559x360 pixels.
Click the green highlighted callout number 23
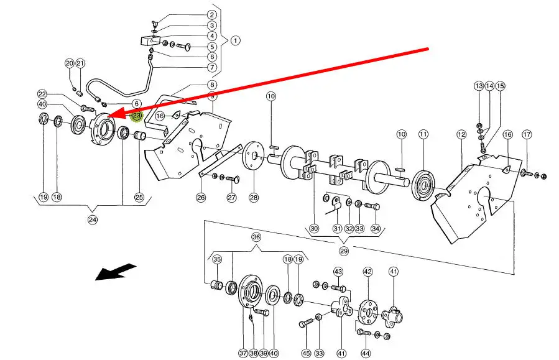pyautogui.click(x=137, y=116)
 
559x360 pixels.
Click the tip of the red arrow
pyautogui.click(x=108, y=117)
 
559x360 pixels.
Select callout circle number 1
pyautogui.click(x=235, y=41)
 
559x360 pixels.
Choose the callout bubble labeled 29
pyautogui.click(x=344, y=251)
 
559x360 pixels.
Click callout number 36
pyautogui.click(x=256, y=238)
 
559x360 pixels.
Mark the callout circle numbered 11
pyautogui.click(x=423, y=134)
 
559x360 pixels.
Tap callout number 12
pyautogui.click(x=461, y=134)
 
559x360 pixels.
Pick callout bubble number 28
pyautogui.click(x=253, y=198)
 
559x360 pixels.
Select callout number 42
pyautogui.click(x=367, y=271)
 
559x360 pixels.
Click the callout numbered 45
pyautogui.click(x=306, y=353)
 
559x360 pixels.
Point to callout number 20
pyautogui.click(x=69, y=63)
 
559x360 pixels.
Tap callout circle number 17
pyautogui.click(x=527, y=134)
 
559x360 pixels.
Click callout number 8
pyautogui.click(x=212, y=85)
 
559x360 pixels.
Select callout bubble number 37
pyautogui.click(x=243, y=353)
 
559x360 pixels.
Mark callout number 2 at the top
pyautogui.click(x=212, y=15)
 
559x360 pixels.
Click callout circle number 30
pyautogui.click(x=314, y=228)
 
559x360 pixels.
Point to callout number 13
pyautogui.click(x=478, y=86)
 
